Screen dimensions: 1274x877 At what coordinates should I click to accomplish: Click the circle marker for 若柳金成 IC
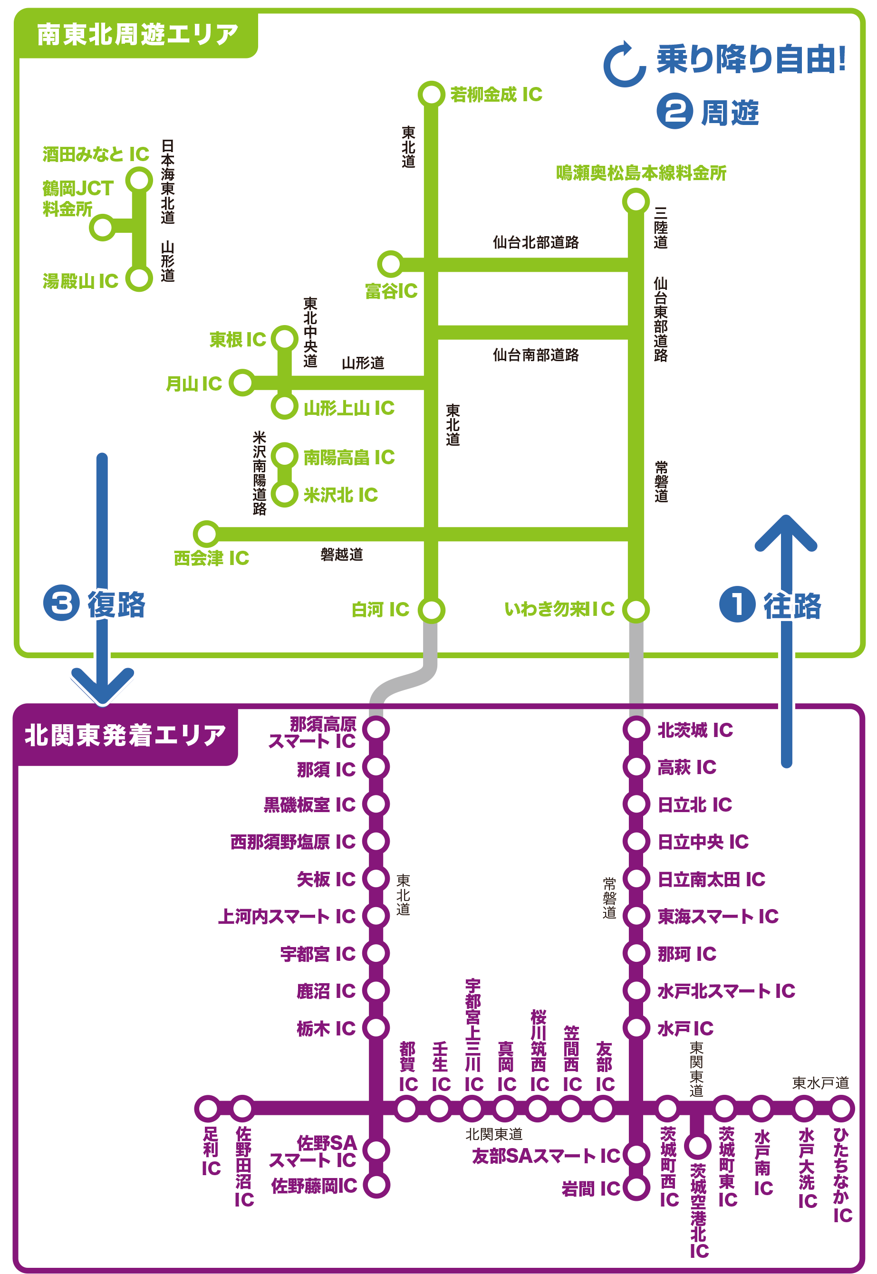[x=431, y=95]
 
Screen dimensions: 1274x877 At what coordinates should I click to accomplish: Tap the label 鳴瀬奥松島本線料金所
[x=641, y=173]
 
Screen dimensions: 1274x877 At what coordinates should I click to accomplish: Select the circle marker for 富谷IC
[x=390, y=264]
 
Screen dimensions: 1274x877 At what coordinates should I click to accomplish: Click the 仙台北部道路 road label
[x=535, y=242]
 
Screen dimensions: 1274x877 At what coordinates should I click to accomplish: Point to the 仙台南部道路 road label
[x=535, y=355]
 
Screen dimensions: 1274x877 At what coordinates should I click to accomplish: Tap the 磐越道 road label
[x=341, y=555]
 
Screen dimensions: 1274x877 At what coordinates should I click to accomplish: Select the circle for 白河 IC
[x=431, y=610]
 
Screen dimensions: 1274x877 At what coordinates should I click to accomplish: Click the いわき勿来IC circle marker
[x=636, y=610]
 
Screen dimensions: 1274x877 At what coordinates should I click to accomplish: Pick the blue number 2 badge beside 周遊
[x=674, y=112]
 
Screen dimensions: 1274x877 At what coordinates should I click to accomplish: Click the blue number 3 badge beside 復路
[x=61, y=603]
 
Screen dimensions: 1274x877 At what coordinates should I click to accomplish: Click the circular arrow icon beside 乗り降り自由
[x=624, y=65]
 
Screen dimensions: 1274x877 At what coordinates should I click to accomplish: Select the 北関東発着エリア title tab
[x=125, y=735]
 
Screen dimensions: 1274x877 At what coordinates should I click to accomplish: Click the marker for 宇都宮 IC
[x=376, y=953]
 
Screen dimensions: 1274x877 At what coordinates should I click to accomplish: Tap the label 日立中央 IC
[x=703, y=842]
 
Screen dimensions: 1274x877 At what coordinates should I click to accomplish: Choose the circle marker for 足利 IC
[x=208, y=1109]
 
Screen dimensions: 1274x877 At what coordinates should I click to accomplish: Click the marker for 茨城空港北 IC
[x=697, y=1145]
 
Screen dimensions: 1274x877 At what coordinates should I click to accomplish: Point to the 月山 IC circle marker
[x=242, y=383]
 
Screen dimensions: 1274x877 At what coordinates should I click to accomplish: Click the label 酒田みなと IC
[x=96, y=154]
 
